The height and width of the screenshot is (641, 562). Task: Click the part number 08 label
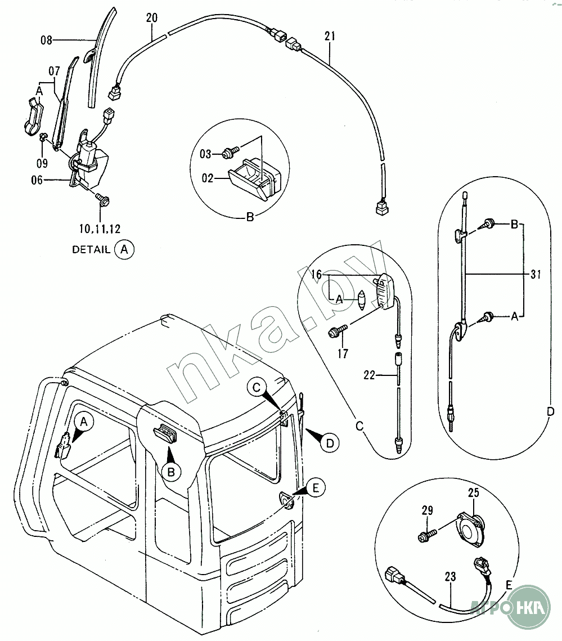46,40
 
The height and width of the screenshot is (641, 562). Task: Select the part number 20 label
151,17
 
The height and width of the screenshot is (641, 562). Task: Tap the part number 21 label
330,37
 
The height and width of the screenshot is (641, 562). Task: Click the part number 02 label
208,178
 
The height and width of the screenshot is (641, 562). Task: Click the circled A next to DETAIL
124,249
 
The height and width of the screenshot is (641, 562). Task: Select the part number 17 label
343,353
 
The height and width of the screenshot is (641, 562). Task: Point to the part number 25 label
473,494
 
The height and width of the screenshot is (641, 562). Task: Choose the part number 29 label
428,511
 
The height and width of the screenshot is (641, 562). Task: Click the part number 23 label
450,577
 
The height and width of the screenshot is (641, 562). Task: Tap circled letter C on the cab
257,387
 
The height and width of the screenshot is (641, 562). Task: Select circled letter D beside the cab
330,443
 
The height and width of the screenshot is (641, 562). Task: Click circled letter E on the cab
316,487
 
